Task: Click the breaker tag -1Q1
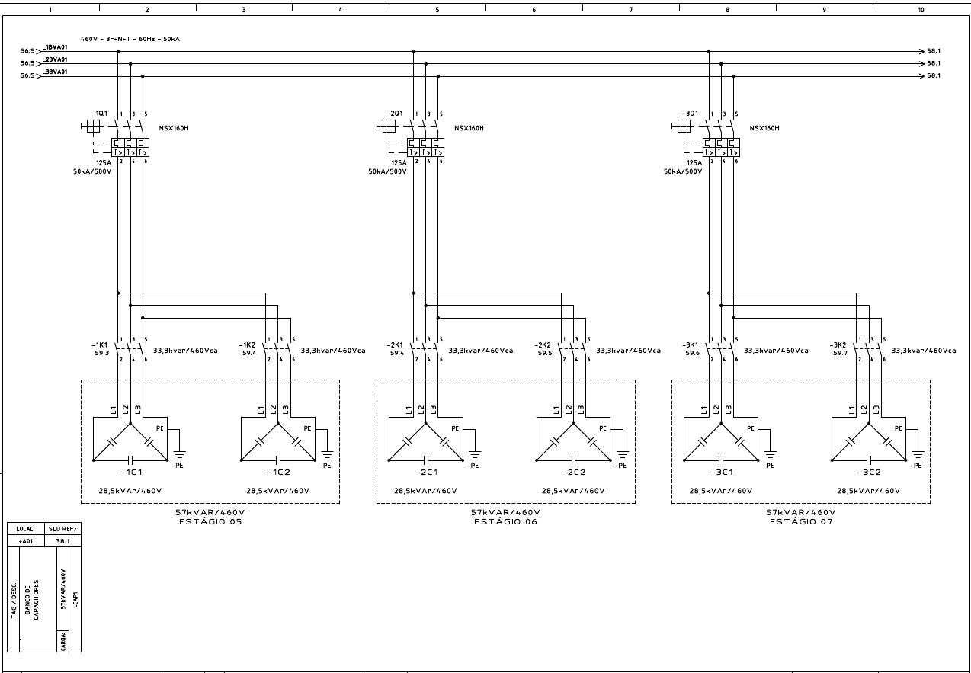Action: tap(99, 113)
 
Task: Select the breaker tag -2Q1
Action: tap(395, 113)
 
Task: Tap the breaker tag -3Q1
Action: tap(690, 113)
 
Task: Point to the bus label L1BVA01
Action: tap(55, 47)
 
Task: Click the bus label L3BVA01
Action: tap(55, 72)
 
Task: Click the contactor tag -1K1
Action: tap(100, 344)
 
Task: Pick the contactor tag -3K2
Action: tap(838, 344)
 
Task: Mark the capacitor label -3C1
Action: tap(721, 473)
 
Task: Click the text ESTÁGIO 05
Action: tap(210, 522)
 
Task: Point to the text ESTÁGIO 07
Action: tap(800, 522)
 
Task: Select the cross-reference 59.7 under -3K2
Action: tap(840, 353)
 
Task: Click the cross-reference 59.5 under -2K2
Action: tap(544, 353)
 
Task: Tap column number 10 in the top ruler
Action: tap(921, 10)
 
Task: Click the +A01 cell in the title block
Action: tap(26, 540)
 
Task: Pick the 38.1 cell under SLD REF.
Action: tap(62, 540)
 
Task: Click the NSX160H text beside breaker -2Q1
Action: tap(469, 128)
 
